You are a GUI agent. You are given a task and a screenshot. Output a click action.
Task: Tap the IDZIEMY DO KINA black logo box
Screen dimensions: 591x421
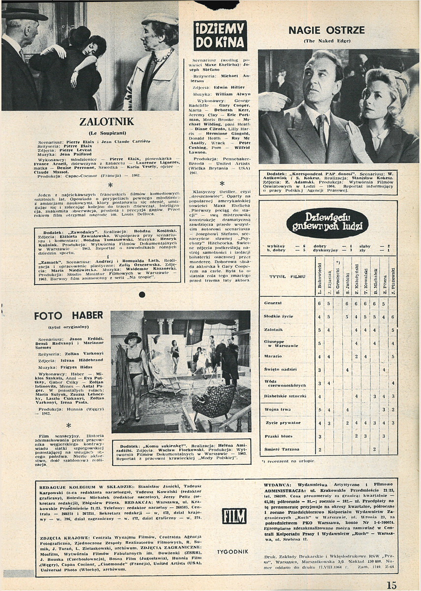[x=220, y=35]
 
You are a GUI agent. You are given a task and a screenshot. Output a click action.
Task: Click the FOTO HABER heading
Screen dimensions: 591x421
[x=68, y=315]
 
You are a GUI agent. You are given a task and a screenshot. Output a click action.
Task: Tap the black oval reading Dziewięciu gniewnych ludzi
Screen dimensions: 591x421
[x=327, y=223]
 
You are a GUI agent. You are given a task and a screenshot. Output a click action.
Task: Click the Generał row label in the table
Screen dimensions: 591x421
[x=273, y=303]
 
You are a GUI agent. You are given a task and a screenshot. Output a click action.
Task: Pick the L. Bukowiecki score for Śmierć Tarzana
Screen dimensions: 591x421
[x=320, y=450]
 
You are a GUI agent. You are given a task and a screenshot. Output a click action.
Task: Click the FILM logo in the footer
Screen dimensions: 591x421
[x=234, y=516]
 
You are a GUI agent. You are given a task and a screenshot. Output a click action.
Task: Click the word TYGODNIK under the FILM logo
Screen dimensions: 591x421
[x=233, y=551]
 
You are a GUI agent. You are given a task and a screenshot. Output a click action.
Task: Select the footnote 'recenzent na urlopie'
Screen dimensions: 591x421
[x=291, y=460]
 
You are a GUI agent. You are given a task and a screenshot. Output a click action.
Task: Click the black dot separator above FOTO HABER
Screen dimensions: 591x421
[x=142, y=294]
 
